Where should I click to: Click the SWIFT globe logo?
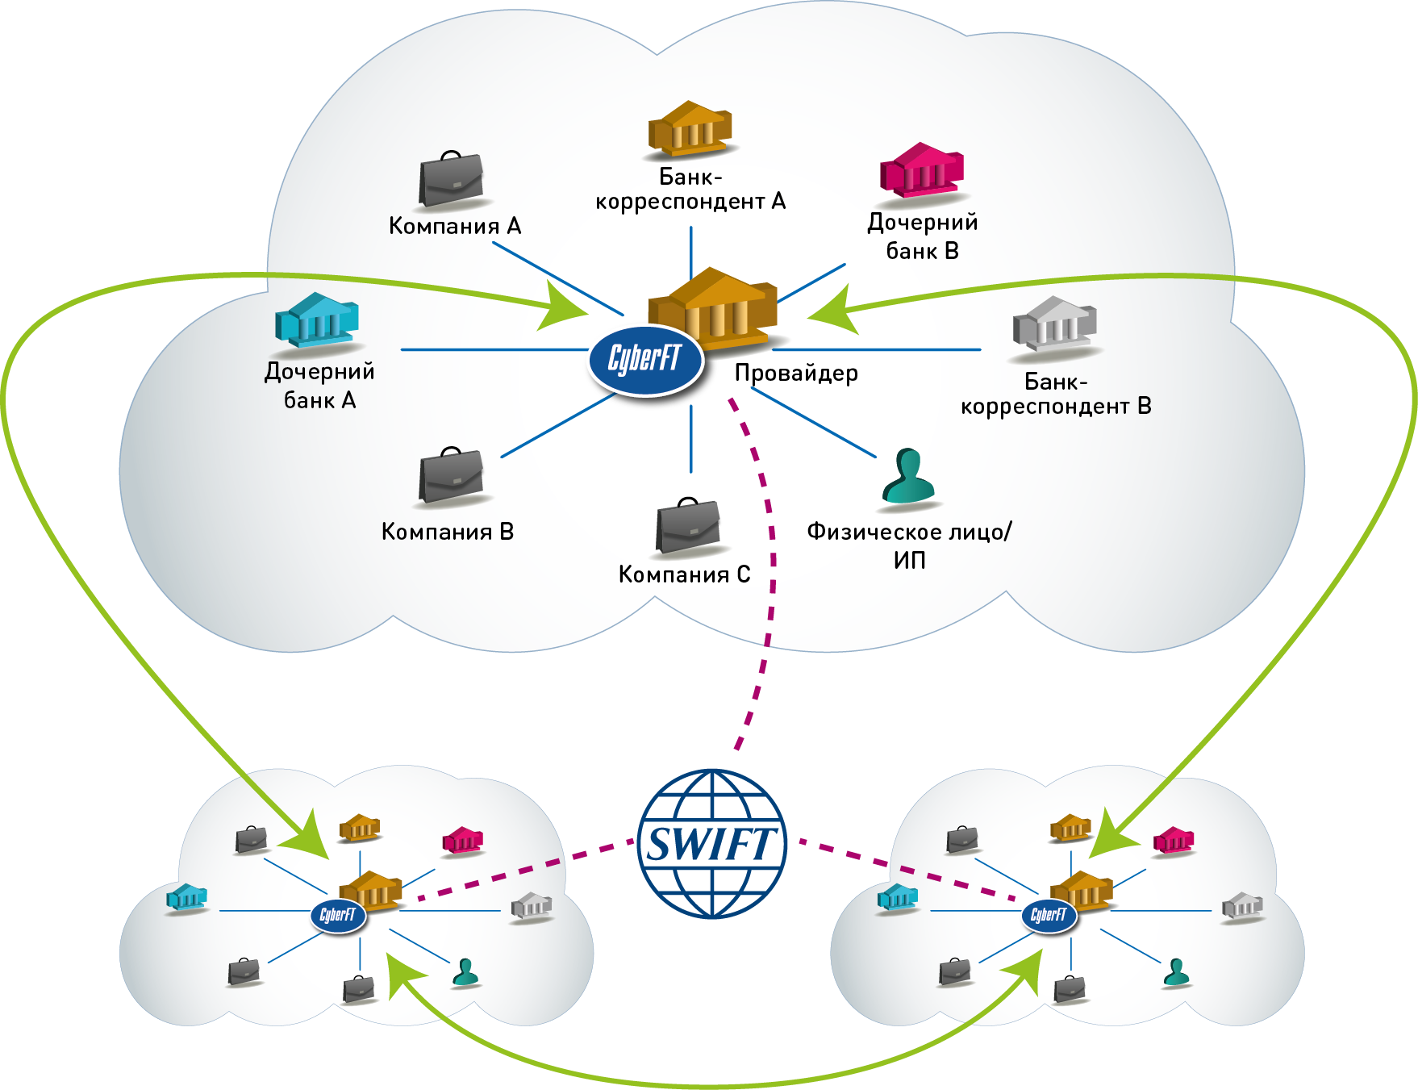click(x=711, y=844)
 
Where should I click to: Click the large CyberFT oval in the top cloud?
click(x=645, y=360)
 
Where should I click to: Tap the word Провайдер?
click(x=796, y=374)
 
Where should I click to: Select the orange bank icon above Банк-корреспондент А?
click(x=690, y=129)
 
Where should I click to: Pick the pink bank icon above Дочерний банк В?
click(x=922, y=170)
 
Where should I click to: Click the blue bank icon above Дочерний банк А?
click(x=316, y=320)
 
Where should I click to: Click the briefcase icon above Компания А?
click(x=451, y=179)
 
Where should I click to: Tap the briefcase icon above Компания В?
click(x=451, y=476)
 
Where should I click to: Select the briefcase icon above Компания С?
click(x=687, y=526)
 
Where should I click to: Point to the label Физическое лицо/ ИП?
click(x=909, y=545)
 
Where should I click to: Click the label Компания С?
click(x=684, y=574)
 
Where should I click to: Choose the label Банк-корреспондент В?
click(x=1055, y=394)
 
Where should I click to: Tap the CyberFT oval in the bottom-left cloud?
click(x=338, y=915)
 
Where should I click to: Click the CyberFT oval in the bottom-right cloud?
click(x=1049, y=915)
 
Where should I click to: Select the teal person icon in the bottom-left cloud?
click(x=465, y=972)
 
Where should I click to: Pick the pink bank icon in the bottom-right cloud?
click(x=1173, y=841)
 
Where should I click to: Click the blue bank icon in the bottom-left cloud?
click(x=186, y=897)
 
